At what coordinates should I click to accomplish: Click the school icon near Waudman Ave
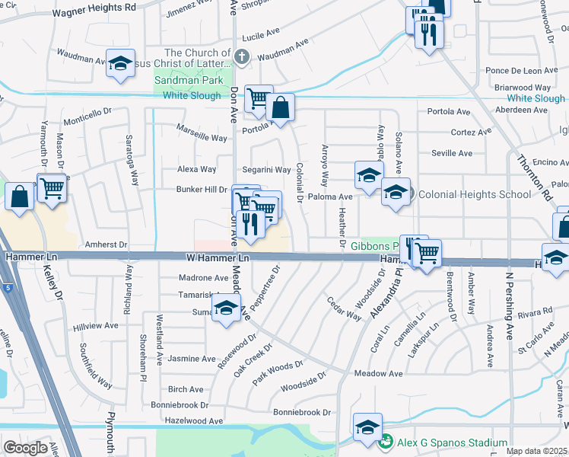pyautogui.click(x=120, y=66)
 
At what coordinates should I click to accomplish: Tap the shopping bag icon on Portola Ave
pyautogui.click(x=280, y=110)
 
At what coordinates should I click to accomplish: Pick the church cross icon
pyautogui.click(x=241, y=56)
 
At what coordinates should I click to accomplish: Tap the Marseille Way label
pyautogui.click(x=202, y=138)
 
